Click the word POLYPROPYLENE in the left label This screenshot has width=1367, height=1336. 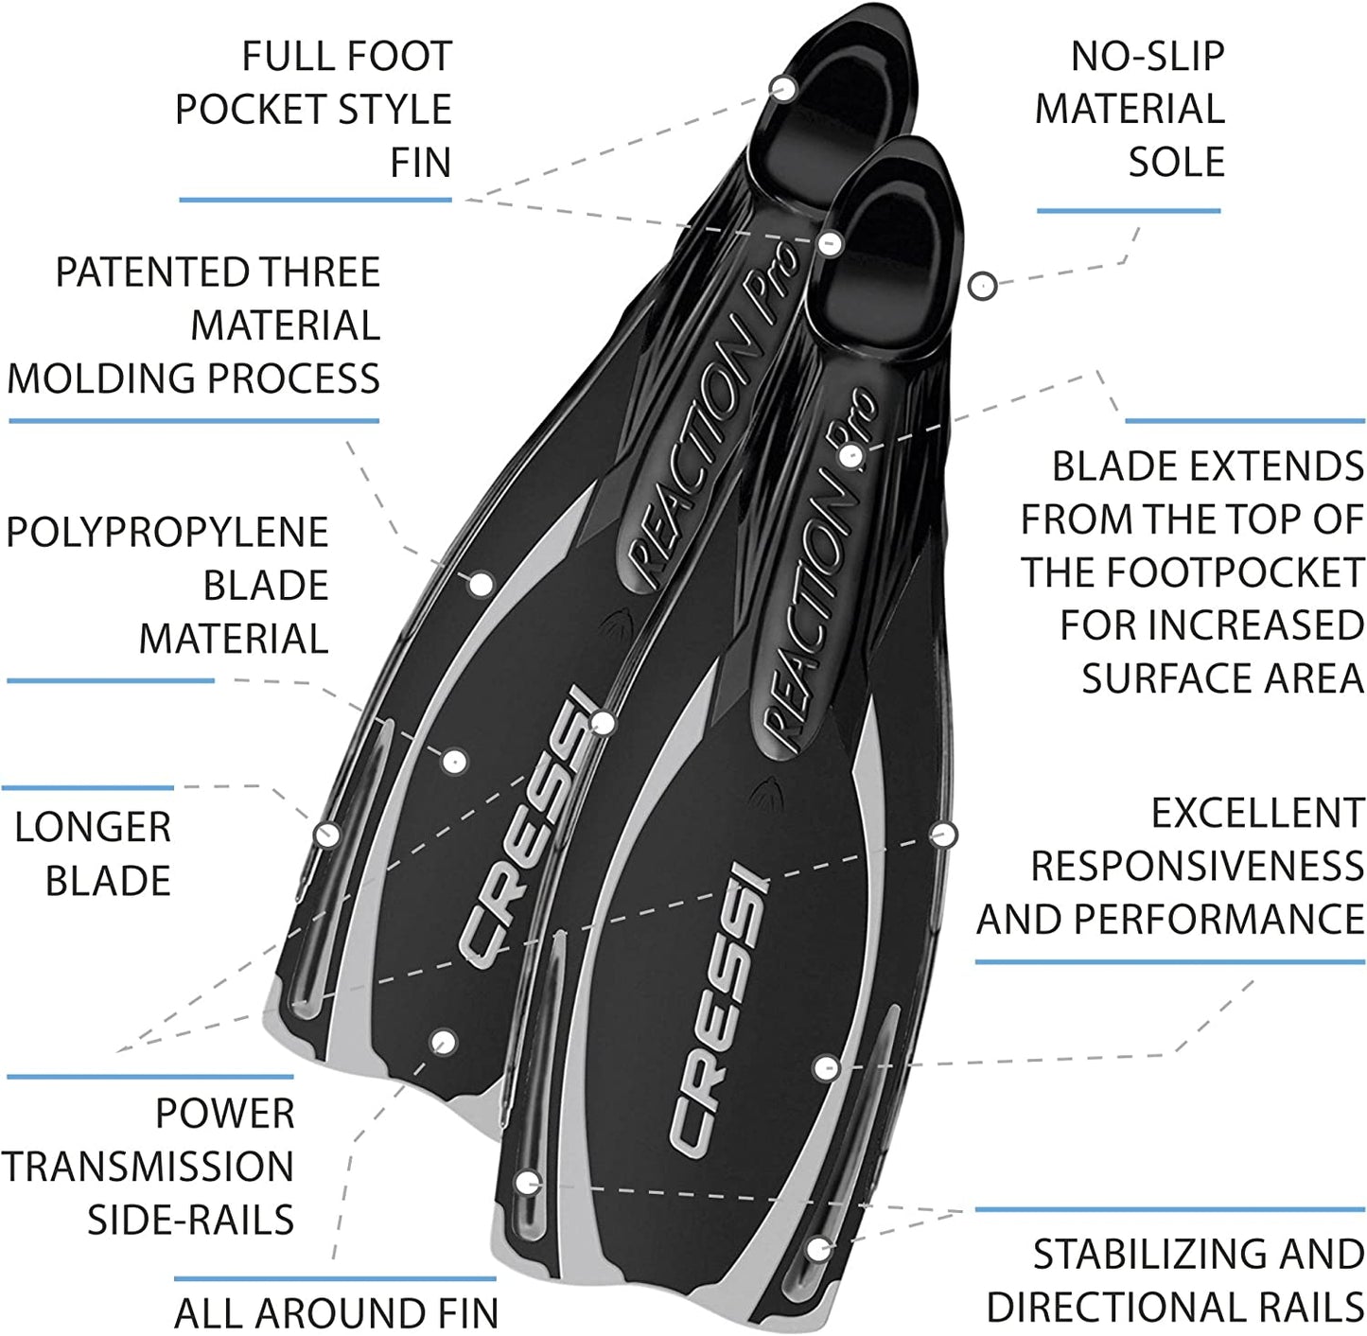coord(166,533)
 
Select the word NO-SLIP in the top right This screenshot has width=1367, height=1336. coord(1147,57)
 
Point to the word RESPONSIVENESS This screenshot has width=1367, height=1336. coord(1197,867)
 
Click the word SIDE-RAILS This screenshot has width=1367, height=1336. coord(190,1220)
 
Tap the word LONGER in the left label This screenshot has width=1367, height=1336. coord(93,828)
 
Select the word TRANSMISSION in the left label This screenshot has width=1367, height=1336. coord(147,1167)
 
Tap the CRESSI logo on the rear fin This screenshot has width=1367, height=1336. coord(525,833)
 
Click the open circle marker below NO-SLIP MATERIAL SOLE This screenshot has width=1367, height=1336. coord(983,284)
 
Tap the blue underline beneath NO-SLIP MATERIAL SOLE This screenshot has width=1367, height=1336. coord(1128,210)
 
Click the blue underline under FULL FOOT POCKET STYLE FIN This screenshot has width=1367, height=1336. coord(315,200)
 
